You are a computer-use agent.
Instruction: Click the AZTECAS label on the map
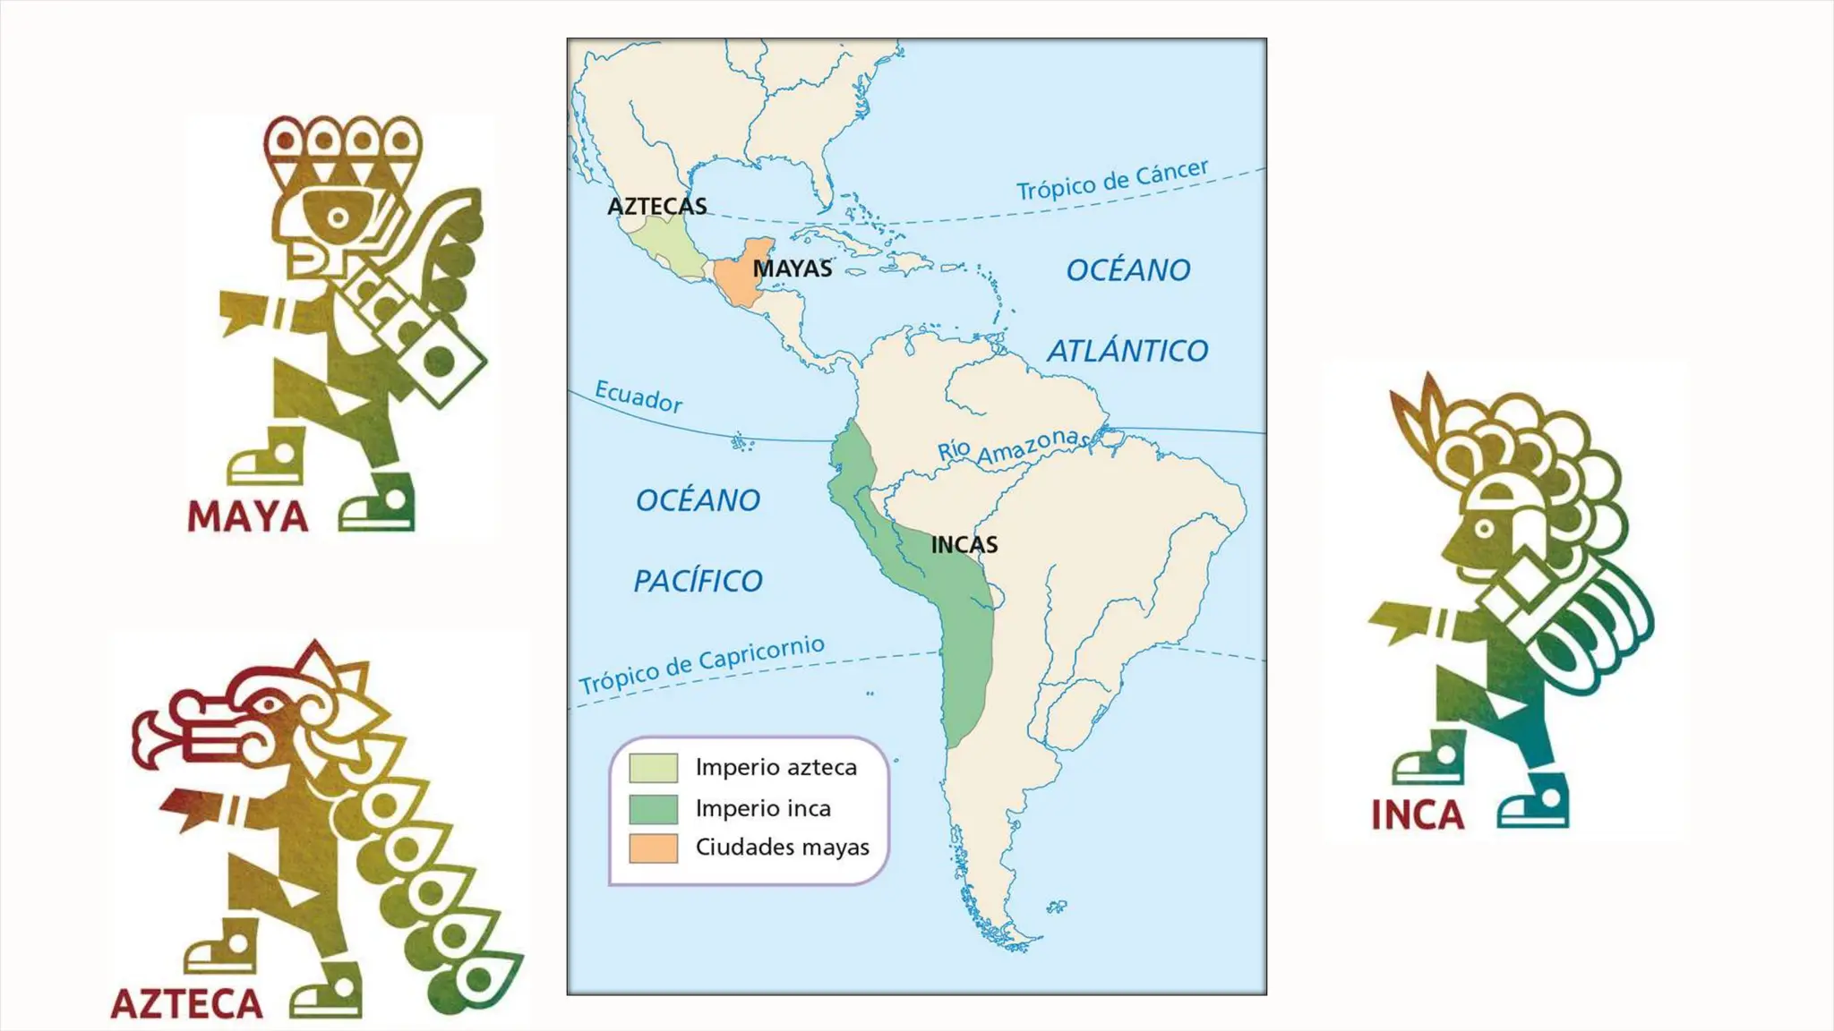point(657,206)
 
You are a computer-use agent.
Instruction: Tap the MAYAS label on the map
point(792,268)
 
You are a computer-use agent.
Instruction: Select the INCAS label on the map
point(964,544)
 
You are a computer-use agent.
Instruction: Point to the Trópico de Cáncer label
point(1112,180)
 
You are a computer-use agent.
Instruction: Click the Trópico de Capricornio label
point(701,665)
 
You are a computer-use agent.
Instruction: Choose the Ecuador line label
point(638,396)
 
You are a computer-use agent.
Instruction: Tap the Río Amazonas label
point(1012,446)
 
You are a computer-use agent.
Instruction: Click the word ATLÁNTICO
point(1127,351)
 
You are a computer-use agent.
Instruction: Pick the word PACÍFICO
point(698,581)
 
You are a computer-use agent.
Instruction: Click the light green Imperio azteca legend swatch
point(653,768)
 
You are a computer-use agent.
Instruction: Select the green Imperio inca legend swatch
point(653,808)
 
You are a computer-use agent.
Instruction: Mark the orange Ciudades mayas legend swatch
point(653,848)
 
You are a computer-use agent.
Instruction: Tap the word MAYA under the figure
point(248,516)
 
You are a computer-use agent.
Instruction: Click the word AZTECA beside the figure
point(187,1003)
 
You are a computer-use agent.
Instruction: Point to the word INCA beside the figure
point(1418,814)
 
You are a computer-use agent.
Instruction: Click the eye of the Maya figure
point(338,217)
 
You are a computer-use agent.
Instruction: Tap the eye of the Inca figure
point(1484,528)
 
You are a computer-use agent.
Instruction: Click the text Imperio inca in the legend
point(763,808)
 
